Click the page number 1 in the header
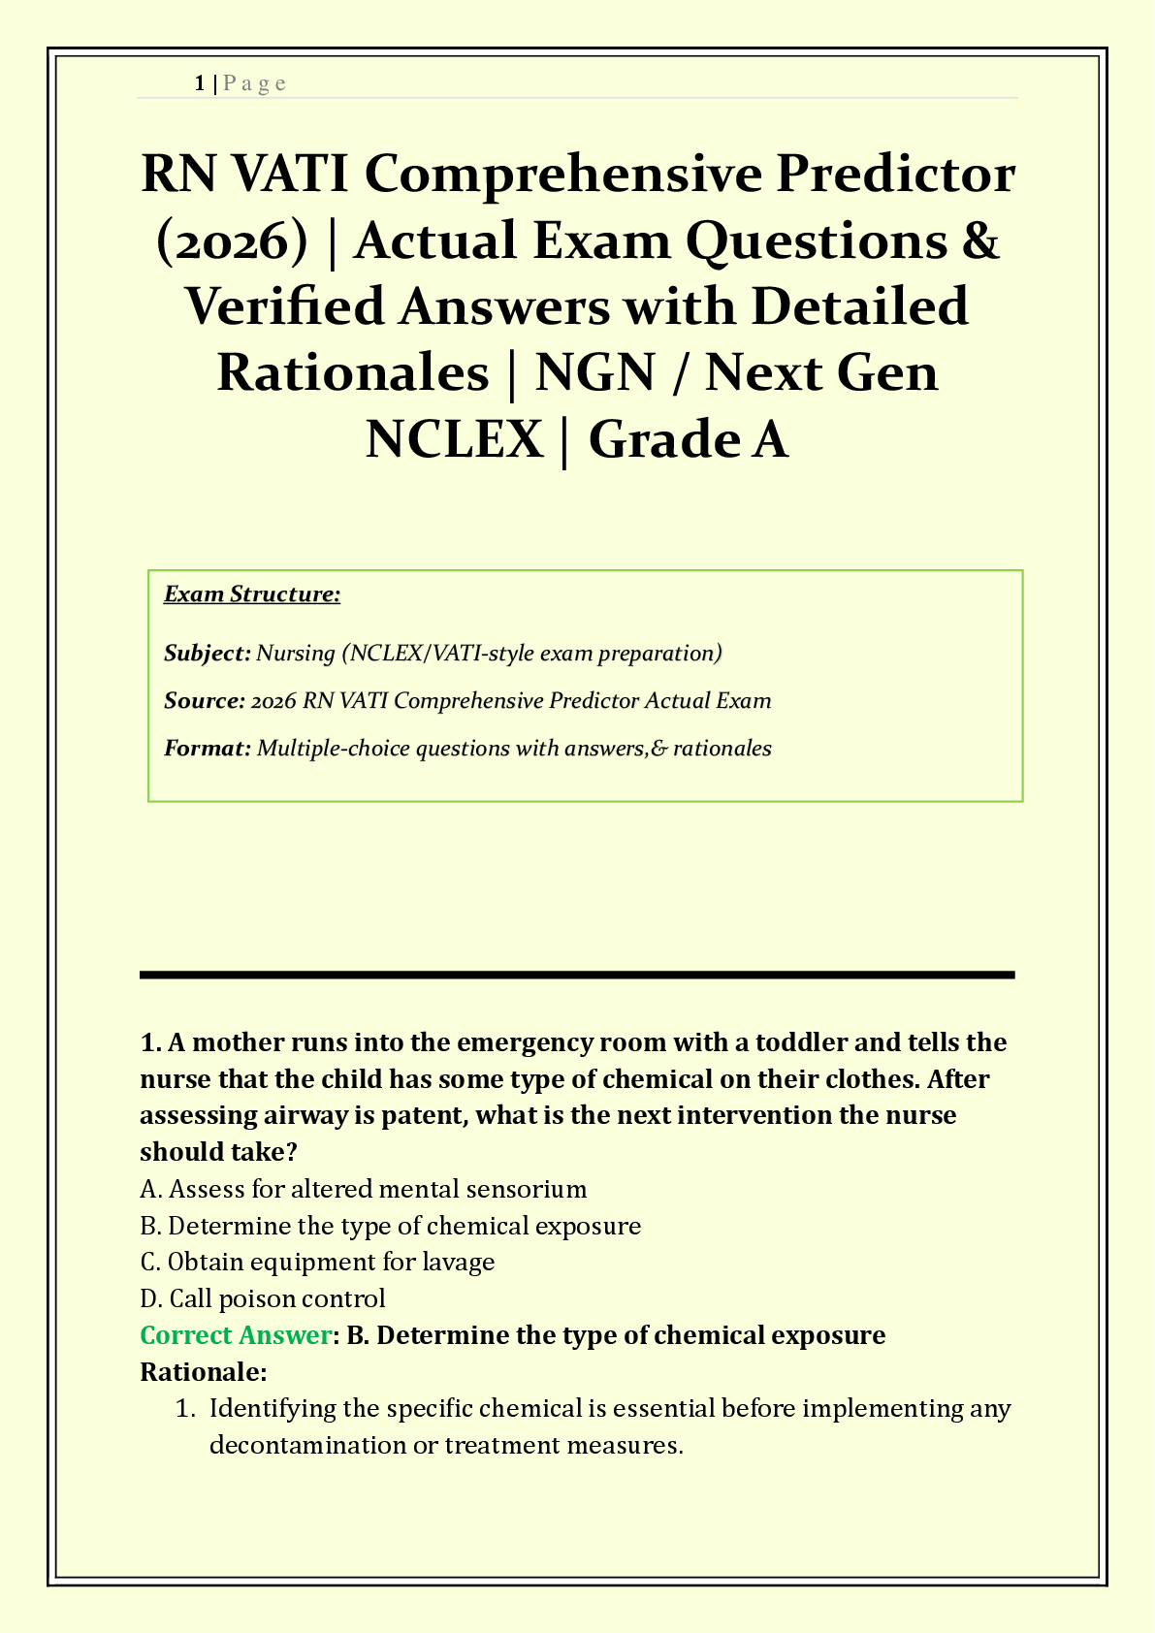199,83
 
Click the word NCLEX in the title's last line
454,438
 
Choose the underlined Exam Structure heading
252,593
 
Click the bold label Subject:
208,653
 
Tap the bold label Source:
205,700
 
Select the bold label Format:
208,748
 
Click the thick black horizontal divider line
577,975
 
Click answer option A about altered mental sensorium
364,1189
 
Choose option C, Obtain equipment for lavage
318,1262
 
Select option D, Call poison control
263,1298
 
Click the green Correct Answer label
236,1335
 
